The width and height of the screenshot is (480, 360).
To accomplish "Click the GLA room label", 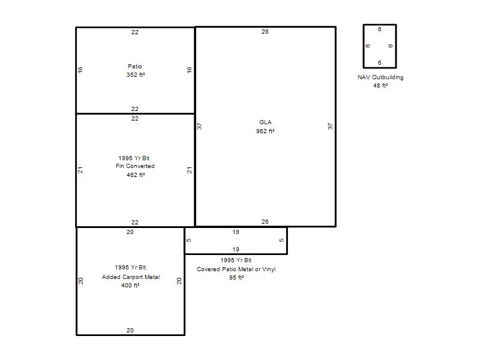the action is coord(265,122).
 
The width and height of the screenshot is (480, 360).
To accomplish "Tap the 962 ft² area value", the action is coord(265,131).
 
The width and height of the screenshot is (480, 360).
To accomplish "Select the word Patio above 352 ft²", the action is coord(134,66).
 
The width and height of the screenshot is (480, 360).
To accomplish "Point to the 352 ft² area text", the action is coord(136,74).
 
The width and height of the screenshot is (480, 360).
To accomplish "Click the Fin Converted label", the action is coord(135,166).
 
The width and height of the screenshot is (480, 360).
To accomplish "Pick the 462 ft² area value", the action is coord(136,175).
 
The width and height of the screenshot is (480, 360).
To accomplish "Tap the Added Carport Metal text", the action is coord(131,277).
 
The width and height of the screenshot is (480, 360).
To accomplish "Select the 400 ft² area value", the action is coord(130,286).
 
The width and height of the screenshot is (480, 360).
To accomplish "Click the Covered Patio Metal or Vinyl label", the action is coord(236,269).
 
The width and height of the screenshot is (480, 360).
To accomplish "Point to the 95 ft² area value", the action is coord(236,278).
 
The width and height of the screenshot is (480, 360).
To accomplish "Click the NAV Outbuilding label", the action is coord(380,77).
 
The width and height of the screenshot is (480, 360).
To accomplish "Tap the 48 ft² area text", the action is coord(380,86).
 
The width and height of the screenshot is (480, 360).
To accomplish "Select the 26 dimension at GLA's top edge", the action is coord(265,32).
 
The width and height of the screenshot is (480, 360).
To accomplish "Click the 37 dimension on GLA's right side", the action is coord(330,126).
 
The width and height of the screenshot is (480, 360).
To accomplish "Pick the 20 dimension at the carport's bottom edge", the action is coord(130,331).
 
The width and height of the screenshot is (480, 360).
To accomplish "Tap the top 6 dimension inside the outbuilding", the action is coord(380,29).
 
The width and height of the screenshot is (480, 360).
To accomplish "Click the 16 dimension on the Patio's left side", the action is coord(80,70).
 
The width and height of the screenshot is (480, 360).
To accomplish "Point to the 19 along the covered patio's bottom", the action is coord(236,249).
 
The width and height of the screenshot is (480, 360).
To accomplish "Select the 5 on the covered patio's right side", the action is coord(281,240).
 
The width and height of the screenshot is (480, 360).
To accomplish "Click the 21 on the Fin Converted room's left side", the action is coord(80,170).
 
